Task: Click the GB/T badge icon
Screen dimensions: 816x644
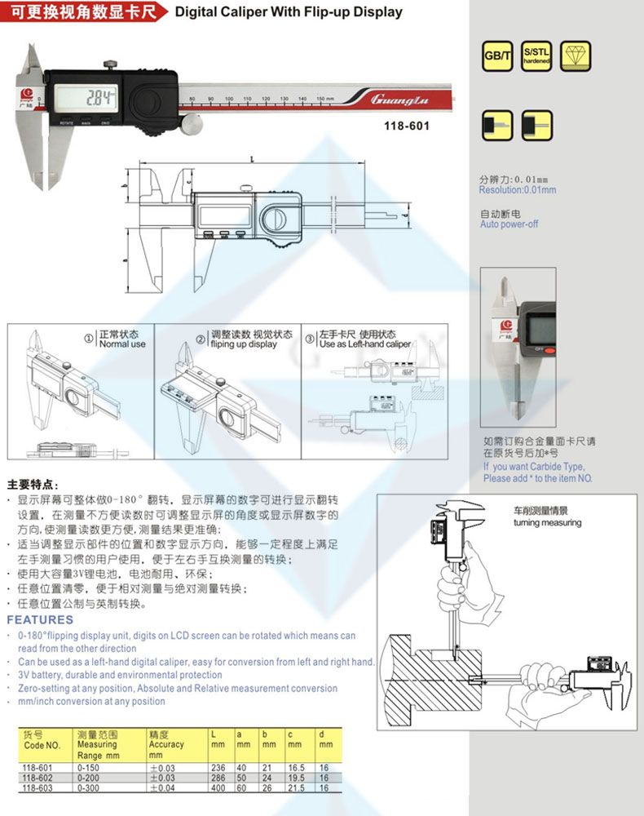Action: (495, 55)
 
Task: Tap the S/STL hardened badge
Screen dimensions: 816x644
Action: (536, 55)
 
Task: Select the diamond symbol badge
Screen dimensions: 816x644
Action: (576, 55)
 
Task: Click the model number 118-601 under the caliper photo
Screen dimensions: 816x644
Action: (406, 126)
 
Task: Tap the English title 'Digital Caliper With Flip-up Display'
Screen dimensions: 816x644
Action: (289, 12)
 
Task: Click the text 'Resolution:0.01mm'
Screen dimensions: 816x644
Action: (518, 190)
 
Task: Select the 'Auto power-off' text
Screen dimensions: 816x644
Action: (509, 224)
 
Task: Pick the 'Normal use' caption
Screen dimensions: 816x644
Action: (121, 344)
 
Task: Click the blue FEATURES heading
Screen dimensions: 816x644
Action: (40, 620)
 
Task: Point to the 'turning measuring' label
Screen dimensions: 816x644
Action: (548, 522)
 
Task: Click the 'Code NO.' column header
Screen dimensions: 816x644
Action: (42, 745)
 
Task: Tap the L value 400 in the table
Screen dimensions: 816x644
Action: (218, 787)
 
